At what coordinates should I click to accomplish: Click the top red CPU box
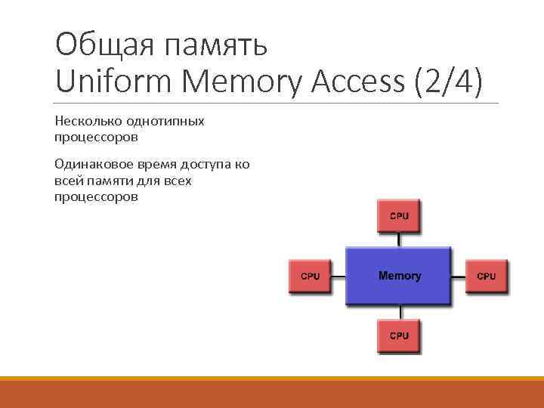[398, 216]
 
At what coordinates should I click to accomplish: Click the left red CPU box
[310, 276]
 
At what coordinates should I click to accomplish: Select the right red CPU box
[487, 276]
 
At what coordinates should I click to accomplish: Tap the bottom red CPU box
[398, 335]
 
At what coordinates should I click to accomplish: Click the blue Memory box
[398, 276]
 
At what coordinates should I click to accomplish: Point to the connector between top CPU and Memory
[398, 240]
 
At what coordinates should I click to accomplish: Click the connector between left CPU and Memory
[338, 276]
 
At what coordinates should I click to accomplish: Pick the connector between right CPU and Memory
[459, 276]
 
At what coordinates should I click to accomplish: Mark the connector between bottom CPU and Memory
[398, 311]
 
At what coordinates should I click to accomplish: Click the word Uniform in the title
[111, 81]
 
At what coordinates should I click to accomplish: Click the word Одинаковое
[90, 165]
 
